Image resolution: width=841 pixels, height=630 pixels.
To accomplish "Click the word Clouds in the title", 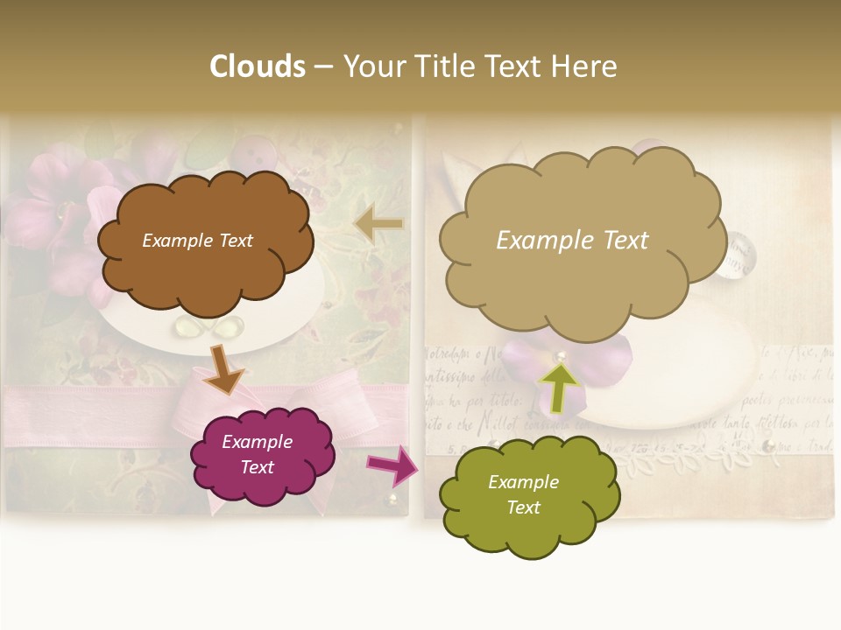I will click(x=258, y=66).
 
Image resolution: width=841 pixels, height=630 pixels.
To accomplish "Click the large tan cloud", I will click(x=583, y=280).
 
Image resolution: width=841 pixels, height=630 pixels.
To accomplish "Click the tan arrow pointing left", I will click(x=379, y=225).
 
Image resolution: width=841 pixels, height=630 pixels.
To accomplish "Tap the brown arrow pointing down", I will click(x=223, y=369).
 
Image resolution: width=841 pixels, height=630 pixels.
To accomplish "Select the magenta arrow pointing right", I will click(x=392, y=465).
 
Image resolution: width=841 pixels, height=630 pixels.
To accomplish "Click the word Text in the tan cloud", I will click(x=620, y=241).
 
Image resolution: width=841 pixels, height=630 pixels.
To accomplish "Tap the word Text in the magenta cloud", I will click(x=258, y=467).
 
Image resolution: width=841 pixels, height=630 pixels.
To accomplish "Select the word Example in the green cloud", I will click(x=523, y=482).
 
